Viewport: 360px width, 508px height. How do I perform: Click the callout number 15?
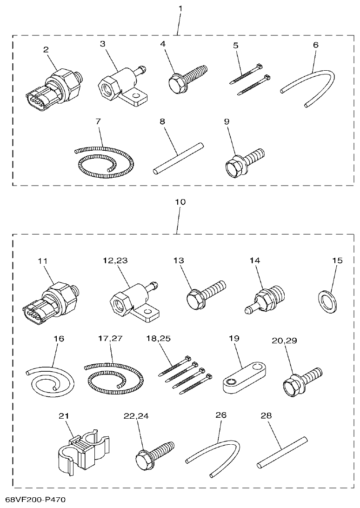coord(337,261)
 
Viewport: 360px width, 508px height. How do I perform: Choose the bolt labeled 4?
coord(188,78)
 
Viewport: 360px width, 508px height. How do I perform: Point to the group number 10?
coord(180,202)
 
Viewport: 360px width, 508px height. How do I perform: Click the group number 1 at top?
coord(180,8)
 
